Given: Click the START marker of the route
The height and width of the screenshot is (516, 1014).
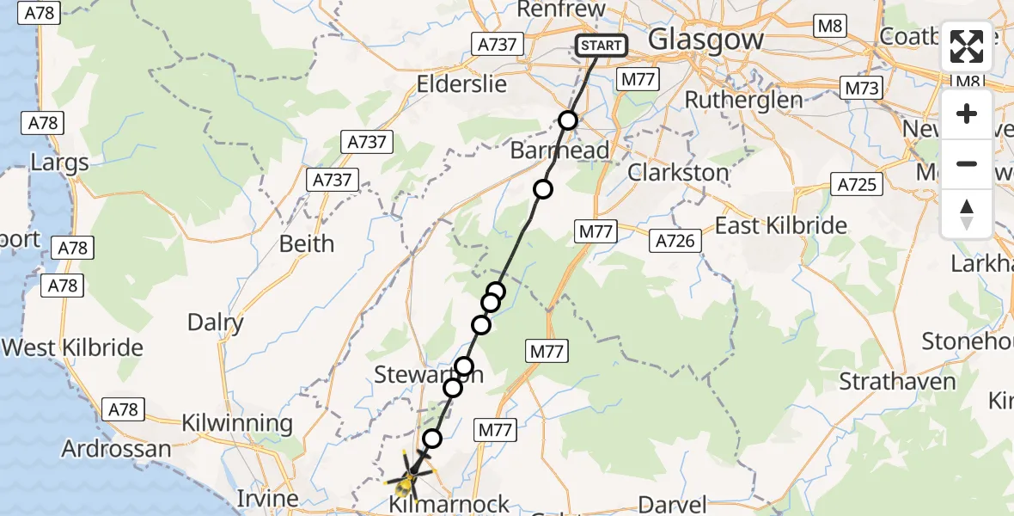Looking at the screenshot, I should pyautogui.click(x=601, y=46).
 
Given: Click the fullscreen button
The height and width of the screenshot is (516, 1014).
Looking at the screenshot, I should pyautogui.click(x=967, y=46).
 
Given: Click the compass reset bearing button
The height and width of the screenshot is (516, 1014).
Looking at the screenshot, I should pyautogui.click(x=967, y=214).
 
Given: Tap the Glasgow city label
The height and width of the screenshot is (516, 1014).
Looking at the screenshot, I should pyautogui.click(x=706, y=40).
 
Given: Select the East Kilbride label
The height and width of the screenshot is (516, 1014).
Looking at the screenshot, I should pyautogui.click(x=781, y=226).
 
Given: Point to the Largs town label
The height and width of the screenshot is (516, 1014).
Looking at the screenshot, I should pyautogui.click(x=59, y=163).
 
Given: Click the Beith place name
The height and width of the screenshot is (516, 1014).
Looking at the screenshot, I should pyautogui.click(x=307, y=243).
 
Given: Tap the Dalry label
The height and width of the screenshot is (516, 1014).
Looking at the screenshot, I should pyautogui.click(x=216, y=322).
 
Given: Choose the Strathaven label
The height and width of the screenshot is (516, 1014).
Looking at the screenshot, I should pyautogui.click(x=897, y=382).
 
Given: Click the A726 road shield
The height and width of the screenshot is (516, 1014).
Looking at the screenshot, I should pyautogui.click(x=675, y=241).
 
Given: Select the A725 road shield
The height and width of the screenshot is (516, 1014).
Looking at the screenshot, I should pyautogui.click(x=858, y=183).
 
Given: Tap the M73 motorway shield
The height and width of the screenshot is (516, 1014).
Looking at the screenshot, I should pyautogui.click(x=862, y=89).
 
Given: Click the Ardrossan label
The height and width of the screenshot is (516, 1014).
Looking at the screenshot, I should pyautogui.click(x=116, y=449).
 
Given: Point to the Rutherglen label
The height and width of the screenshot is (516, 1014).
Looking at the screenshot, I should pyautogui.click(x=743, y=100).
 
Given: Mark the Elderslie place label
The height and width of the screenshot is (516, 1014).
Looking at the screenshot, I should pyautogui.click(x=461, y=85).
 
